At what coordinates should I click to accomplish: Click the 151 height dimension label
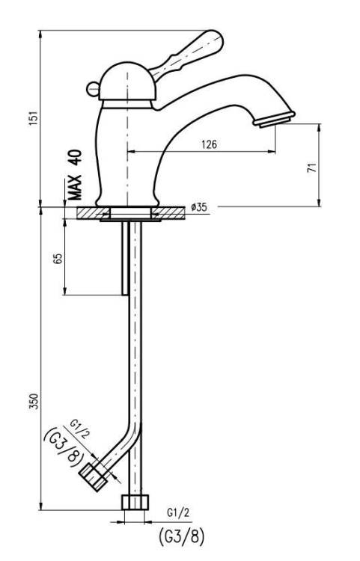click(33, 118)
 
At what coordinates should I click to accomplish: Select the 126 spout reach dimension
click(209, 144)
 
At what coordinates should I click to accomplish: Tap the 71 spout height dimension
click(312, 168)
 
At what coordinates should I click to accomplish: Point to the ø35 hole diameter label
click(199, 207)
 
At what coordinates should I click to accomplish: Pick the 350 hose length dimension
click(33, 402)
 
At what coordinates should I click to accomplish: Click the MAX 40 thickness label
click(75, 174)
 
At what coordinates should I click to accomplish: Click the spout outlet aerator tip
click(274, 120)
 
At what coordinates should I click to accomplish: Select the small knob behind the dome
click(93, 89)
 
